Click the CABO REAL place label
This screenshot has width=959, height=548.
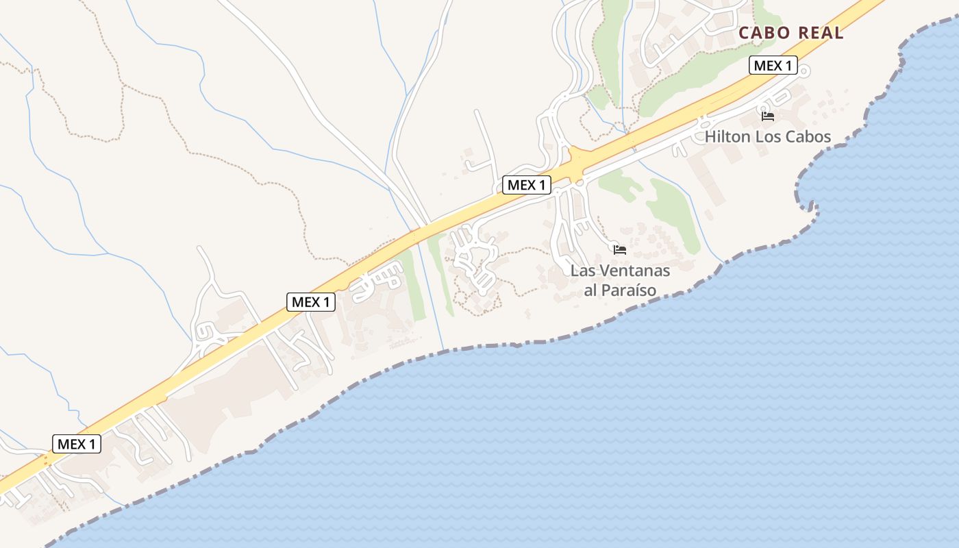[790, 33]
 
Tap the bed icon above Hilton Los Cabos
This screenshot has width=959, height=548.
[768, 116]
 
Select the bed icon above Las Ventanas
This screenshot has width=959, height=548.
[620, 249]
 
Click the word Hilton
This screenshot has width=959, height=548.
[727, 137]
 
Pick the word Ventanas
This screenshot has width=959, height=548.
[634, 271]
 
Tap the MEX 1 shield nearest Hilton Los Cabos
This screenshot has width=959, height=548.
[773, 65]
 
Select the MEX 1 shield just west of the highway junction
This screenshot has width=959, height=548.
[526, 185]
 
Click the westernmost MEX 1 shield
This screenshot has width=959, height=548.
[76, 444]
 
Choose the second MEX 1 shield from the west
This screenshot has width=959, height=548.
[310, 302]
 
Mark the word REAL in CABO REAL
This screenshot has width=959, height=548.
[821, 33]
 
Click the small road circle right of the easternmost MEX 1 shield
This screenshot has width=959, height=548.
[805, 70]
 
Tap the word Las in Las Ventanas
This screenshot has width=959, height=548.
[583, 271]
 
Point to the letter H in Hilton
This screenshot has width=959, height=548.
[710, 137]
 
